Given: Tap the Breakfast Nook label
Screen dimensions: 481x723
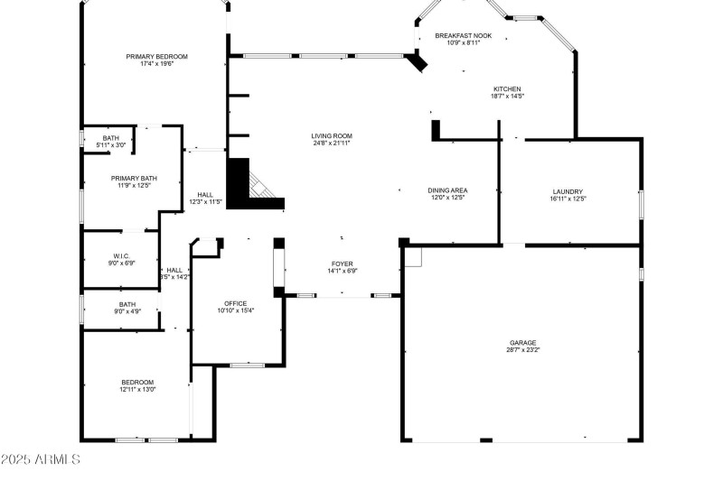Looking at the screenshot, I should point(462,36).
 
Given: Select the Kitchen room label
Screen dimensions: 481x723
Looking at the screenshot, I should point(506,88).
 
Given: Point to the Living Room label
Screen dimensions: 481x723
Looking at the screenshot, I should point(331,135).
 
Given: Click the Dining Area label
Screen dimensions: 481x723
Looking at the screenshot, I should point(447,190).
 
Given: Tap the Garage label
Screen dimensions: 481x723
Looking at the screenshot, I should point(522,343).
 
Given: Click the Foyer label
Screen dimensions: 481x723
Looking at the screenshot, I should point(342,264).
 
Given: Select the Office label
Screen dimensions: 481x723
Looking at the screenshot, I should point(235,303).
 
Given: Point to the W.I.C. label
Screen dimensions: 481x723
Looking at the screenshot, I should point(122,256).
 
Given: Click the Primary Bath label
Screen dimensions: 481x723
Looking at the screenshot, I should point(134,179).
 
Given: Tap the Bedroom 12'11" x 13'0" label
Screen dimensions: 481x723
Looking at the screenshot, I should point(137,382).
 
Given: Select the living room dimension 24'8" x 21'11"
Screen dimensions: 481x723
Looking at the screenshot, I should point(331,143).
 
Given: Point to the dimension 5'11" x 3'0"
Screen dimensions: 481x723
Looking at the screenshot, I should point(111,144).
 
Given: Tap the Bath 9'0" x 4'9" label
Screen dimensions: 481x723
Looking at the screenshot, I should point(127,304).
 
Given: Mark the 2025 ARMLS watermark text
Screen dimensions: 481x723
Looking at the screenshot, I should point(41,459).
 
